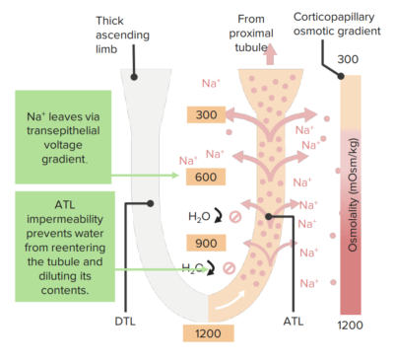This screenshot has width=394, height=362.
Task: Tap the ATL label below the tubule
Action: coord(294,322)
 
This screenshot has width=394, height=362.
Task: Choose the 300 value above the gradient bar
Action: coord(348,61)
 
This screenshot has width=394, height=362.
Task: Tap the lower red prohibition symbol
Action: coord(229,268)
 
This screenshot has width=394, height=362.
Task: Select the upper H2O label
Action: coord(198,216)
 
